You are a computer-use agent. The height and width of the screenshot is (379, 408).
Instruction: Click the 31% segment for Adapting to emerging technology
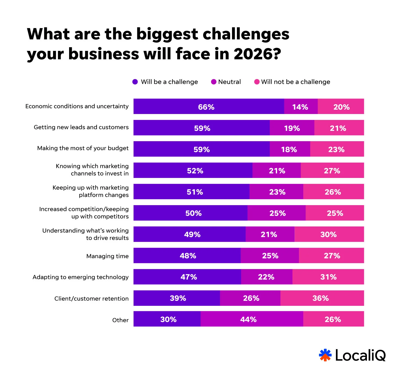pos(328,277)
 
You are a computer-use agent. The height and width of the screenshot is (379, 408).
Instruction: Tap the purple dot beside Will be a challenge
pos(135,82)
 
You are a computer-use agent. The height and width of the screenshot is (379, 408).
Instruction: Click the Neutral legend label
pos(229,82)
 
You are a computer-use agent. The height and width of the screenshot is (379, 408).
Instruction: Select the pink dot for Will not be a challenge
pos(257,82)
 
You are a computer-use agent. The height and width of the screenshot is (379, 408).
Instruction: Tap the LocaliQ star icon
pos(325,355)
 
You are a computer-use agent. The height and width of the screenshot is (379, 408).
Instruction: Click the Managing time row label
pos(107,256)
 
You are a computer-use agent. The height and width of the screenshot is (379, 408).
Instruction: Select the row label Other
pos(120,320)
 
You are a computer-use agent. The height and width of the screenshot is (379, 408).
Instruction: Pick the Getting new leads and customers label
pos(81,127)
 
